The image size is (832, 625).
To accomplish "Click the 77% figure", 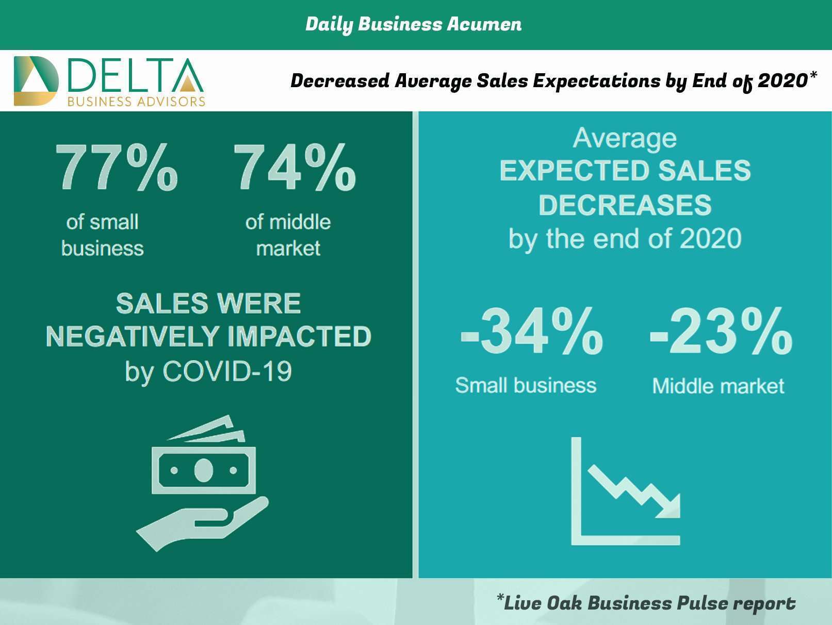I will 117,168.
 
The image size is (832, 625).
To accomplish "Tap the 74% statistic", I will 295,168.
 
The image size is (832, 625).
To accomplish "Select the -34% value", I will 531,332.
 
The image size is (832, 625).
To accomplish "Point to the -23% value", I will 721,332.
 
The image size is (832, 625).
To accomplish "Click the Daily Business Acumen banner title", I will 413,24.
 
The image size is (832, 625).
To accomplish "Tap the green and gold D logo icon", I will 36,81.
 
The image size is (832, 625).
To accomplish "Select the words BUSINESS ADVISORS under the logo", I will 136,102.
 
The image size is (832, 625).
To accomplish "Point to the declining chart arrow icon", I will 625,492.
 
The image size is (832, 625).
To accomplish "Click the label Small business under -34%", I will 526,386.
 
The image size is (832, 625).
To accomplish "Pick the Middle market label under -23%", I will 718,386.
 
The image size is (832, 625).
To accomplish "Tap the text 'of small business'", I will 103,235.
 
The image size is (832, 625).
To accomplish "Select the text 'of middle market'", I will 288,235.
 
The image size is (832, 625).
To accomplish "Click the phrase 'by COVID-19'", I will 208,371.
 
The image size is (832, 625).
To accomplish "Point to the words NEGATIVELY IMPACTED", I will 208,336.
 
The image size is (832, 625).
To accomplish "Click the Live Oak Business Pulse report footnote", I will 646,602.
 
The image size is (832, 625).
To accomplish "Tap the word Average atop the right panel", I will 625,138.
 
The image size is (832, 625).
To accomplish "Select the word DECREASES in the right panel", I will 625,205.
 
